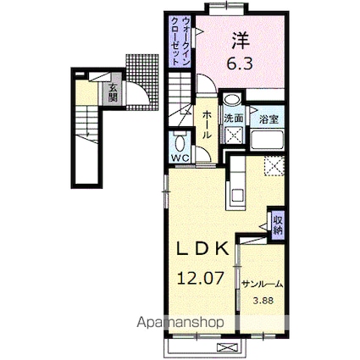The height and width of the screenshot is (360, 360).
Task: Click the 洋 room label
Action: [x=241, y=42]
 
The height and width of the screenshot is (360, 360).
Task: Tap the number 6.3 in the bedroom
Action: [x=240, y=64]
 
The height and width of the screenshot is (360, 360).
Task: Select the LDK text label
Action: [x=202, y=249]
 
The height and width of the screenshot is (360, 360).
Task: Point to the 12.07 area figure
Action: [x=201, y=278]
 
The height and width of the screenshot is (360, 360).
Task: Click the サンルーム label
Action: [x=263, y=285]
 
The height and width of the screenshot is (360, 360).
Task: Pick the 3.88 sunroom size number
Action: [x=263, y=301]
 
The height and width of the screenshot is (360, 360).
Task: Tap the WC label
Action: [x=180, y=158]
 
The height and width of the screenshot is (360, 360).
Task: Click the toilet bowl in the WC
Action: [x=180, y=143]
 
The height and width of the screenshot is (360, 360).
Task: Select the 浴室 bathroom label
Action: [x=269, y=119]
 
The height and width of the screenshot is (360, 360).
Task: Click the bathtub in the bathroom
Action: [x=267, y=141]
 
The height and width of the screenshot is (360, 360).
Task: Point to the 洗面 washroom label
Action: [x=234, y=119]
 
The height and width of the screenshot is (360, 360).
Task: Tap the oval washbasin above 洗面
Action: [x=232, y=99]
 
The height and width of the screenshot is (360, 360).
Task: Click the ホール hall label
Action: [x=207, y=125]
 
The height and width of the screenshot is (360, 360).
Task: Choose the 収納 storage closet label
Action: [x=277, y=224]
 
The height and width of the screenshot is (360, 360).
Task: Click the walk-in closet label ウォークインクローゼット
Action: [x=180, y=42]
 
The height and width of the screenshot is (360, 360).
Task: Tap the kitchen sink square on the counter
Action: [x=237, y=195]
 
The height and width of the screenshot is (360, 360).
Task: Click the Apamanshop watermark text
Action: [x=180, y=323]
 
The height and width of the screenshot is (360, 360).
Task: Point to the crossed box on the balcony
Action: [x=228, y=346]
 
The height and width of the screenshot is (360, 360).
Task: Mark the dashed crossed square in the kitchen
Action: [x=274, y=166]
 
